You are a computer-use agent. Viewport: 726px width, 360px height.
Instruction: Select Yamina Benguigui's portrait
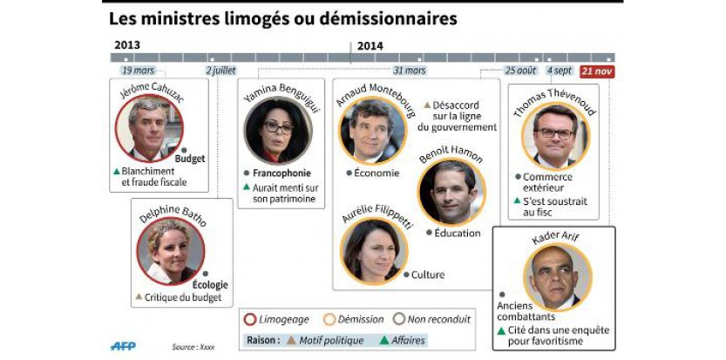click(x=277, y=130)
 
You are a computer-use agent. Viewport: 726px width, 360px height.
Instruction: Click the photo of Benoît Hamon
click(x=451, y=192)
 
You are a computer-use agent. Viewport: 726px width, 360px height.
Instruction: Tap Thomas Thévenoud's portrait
click(x=555, y=137)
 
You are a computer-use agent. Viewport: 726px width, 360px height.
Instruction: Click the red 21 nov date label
click(x=598, y=71)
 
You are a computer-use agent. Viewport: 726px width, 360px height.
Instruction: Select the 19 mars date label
click(x=139, y=71)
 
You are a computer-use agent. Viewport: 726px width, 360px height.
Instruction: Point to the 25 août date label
click(x=521, y=71)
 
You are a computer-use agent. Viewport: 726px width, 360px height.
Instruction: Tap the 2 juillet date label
click(x=221, y=71)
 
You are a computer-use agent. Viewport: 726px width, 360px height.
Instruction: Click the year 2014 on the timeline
click(x=370, y=45)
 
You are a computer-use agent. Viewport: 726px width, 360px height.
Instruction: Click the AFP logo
click(x=123, y=346)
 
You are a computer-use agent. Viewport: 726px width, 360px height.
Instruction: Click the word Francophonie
click(x=282, y=173)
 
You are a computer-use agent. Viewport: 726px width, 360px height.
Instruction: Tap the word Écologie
click(x=210, y=284)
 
